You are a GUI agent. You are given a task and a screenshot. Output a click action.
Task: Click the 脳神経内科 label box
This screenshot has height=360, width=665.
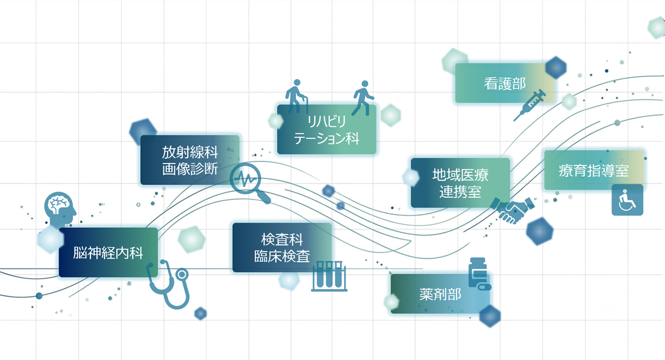click(x=108, y=252)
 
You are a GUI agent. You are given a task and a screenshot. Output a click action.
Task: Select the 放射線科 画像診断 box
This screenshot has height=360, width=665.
click(x=190, y=160)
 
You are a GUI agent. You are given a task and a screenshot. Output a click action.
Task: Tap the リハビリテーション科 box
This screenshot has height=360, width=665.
click(x=327, y=129)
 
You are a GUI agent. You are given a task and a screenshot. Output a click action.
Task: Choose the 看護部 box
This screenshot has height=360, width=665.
click(x=505, y=83)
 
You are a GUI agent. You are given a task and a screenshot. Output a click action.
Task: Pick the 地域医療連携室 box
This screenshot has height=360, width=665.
click(x=461, y=183)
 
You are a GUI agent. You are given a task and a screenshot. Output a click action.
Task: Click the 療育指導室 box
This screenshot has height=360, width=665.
click(x=594, y=170)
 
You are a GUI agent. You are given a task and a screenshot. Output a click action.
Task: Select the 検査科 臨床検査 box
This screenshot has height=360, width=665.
click(x=282, y=248)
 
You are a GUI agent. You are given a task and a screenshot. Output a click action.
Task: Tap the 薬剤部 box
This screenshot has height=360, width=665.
click(x=440, y=294)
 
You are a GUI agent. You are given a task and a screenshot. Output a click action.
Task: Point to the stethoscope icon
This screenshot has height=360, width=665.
click(x=168, y=284)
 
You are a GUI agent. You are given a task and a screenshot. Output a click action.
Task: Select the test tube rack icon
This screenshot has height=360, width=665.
click(x=329, y=276)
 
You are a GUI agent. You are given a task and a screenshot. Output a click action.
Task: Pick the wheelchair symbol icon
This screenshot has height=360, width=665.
click(x=627, y=200)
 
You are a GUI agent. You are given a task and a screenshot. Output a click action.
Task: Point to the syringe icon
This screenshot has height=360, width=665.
click(x=529, y=105)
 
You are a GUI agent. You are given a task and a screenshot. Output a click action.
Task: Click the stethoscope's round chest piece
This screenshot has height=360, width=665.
click(x=182, y=274)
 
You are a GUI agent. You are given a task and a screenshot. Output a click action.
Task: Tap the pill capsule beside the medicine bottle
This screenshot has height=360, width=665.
click(x=484, y=287)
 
